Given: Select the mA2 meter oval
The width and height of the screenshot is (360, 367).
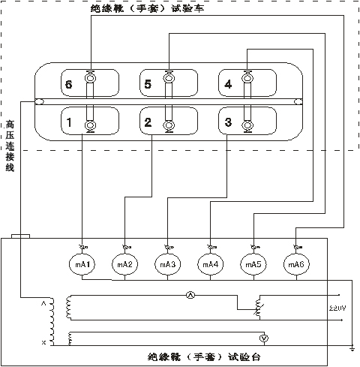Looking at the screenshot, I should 124,265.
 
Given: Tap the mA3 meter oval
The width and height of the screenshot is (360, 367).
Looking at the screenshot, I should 166,265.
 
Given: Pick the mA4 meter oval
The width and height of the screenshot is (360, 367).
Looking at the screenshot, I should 209,265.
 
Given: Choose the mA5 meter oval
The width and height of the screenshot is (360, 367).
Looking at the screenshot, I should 252,265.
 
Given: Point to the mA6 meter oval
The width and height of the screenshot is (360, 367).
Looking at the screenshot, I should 295,265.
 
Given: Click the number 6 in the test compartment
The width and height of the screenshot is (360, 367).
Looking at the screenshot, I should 68,85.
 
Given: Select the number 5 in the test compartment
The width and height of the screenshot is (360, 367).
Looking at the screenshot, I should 148,85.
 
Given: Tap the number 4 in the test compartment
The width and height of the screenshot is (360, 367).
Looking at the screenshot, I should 228,85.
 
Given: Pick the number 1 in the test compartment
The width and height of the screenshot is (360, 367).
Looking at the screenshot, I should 68,122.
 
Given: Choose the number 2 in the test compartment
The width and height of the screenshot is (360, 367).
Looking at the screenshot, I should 148,122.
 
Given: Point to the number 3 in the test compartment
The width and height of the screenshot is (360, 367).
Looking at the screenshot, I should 228,122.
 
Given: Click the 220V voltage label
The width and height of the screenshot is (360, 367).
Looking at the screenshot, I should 338,308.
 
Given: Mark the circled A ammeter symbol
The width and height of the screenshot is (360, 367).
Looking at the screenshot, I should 190,296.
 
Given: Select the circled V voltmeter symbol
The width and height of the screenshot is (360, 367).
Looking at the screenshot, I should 263,338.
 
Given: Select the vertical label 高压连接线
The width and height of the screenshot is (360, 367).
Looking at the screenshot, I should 10,146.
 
